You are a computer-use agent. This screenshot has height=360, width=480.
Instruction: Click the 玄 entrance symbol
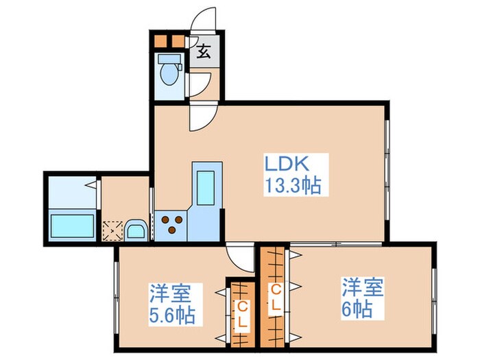pos(204,52)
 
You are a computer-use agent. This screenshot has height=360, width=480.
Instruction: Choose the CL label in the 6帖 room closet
pos(275,294)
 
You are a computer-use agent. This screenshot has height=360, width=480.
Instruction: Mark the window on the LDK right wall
pos(387,158)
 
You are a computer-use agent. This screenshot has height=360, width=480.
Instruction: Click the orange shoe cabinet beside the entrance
pos(168,40)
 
